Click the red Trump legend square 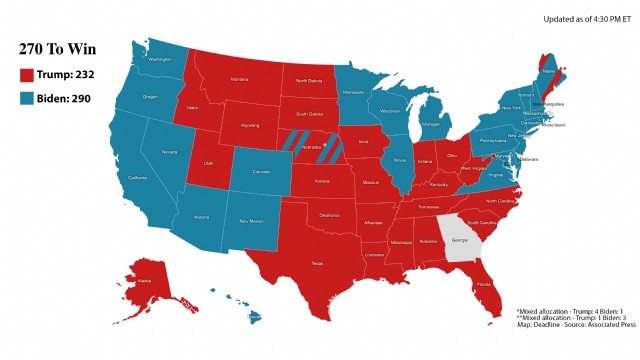click(x=28, y=74)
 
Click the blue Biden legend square click(x=28, y=98)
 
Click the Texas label click(x=317, y=263)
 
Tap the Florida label click(x=484, y=284)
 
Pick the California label click(x=138, y=178)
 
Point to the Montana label click(x=239, y=79)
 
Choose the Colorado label click(x=262, y=172)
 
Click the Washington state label click(x=159, y=60)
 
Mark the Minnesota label click(x=353, y=92)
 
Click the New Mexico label click(x=250, y=220)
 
